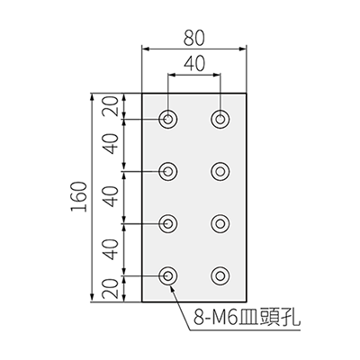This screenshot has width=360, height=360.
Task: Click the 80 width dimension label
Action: coord(194,38)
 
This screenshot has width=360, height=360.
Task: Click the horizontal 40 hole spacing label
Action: coord(194,64)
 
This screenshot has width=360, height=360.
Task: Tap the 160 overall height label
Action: coord(79,197)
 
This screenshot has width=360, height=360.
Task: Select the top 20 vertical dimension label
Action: coord(109,106)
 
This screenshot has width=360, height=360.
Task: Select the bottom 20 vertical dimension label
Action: coord(109,289)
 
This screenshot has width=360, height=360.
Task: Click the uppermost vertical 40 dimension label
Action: coord(109,144)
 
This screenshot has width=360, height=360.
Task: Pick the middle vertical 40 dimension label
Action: coord(109,197)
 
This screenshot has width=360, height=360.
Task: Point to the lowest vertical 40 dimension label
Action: coord(109,249)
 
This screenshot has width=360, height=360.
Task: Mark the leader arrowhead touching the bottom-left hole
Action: coord(173,289)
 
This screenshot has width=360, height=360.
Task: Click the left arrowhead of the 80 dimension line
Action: coord(146,49)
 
